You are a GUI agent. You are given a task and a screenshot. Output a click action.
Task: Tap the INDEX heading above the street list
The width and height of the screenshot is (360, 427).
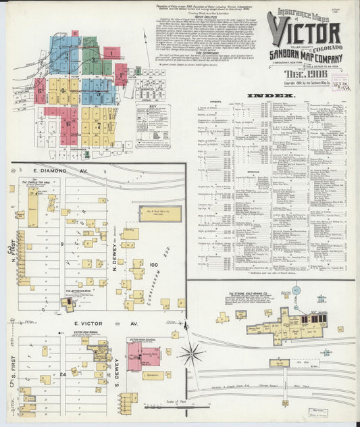pyautogui.click(x=272, y=97)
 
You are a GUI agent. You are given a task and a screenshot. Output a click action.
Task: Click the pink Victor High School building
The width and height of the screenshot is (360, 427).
pyautogui.click(x=145, y=354)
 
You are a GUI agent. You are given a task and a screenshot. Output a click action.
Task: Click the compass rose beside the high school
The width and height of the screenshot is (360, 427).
pyautogui.click(x=192, y=352)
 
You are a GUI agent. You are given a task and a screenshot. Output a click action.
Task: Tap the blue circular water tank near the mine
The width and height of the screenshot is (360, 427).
pyautogui.click(x=296, y=291)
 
